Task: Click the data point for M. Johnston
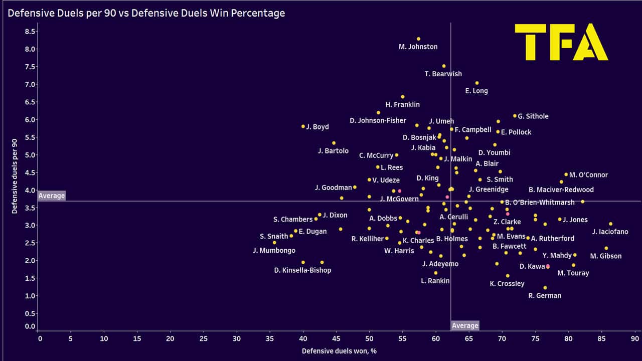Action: pos(418,39)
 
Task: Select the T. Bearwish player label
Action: pos(443,74)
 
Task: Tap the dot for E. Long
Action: pos(477,83)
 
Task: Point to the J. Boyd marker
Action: pos(303,126)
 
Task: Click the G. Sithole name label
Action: pos(533,116)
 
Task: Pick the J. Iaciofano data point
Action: pos(610,224)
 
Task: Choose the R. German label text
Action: pos(545,295)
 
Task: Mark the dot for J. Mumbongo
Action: pos(274,243)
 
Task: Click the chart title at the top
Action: pos(146,14)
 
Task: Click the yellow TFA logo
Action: pos(561,42)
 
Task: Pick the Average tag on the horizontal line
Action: pos(52,196)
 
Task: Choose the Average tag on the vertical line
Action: pos(465,325)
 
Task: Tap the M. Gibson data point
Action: pos(606,248)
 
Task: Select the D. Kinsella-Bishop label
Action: pos(302,270)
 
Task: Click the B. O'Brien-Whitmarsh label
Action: pos(540,203)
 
